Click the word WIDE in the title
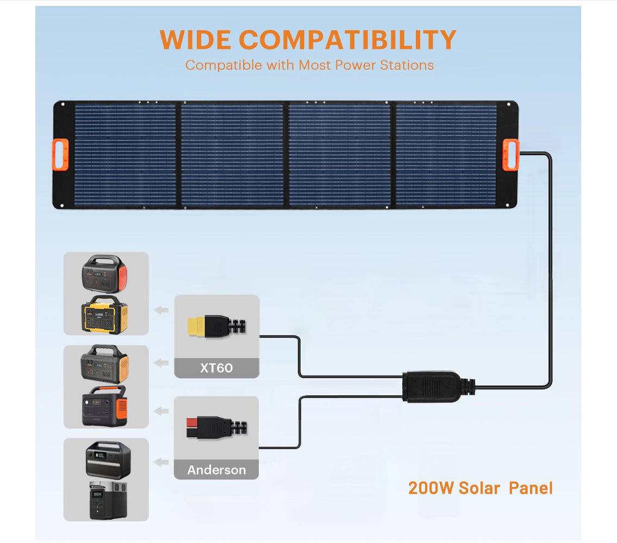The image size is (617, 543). coord(195,40)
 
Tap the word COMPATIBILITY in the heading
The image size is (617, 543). coord(348,40)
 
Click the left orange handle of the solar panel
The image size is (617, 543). coord(60,155)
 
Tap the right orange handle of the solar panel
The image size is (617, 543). coord(511,155)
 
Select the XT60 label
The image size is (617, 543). coord(216,368)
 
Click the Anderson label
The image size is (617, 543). coord(216,470)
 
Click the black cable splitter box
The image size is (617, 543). coord(431,387)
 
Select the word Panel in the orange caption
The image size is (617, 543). coord(531,488)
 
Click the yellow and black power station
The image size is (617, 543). coord(105,314)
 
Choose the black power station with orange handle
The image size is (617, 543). coord(104,406)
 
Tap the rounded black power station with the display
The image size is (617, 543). coord(108,460)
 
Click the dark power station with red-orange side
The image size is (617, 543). coord(104,274)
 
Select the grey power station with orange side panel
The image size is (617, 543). coord(105,364)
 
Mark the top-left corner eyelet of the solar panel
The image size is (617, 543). coord(63,105)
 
